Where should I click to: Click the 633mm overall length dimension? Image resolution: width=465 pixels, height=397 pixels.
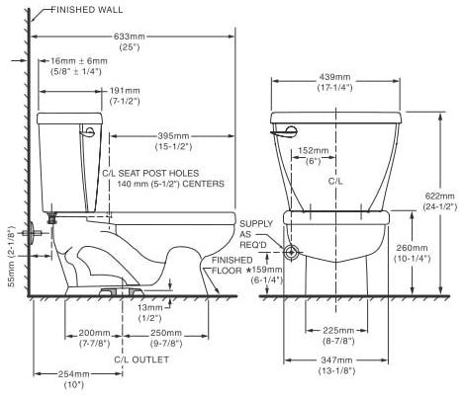(130, 41)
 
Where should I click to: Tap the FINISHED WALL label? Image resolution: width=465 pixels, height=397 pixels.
(87, 10)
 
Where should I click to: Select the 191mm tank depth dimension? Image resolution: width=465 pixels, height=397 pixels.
(125, 96)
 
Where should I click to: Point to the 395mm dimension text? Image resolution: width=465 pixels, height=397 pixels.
(173, 141)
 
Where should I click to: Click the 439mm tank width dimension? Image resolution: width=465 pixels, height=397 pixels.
(335, 82)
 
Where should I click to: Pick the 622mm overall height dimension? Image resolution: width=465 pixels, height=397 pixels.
(440, 201)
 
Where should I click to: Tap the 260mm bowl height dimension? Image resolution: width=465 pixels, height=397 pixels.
(412, 253)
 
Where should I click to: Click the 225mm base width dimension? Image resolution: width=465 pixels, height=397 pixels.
(338, 336)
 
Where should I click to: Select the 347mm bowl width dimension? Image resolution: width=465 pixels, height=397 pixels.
(336, 365)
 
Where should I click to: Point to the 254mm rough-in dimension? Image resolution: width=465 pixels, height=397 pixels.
(74, 379)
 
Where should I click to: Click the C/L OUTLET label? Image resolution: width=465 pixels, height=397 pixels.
(141, 359)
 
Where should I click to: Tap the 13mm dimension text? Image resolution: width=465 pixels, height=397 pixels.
(150, 313)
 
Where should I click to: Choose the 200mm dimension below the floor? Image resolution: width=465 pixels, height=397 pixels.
(94, 338)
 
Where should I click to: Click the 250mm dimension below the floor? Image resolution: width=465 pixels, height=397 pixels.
(166, 338)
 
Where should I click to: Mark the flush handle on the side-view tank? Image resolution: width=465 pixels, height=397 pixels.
(87, 130)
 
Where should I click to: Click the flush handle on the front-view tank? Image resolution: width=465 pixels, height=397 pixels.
(284, 131)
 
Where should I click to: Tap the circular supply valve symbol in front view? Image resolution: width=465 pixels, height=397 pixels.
(291, 253)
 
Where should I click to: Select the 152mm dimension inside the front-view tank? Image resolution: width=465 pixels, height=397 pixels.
(314, 155)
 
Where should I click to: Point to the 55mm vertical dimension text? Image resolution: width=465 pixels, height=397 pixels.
(12, 257)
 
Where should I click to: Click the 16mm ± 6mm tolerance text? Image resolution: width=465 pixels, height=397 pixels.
(78, 66)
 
